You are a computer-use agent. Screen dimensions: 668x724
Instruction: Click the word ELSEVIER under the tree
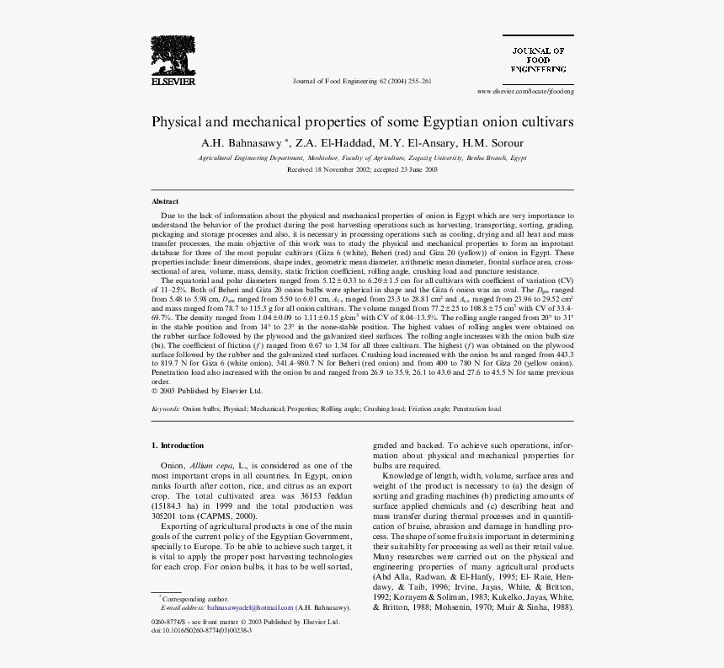173,82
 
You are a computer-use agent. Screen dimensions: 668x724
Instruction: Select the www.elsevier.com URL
524,90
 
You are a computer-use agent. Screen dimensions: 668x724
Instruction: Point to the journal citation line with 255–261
361,82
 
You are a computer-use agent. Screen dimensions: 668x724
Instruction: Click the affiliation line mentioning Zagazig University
362,158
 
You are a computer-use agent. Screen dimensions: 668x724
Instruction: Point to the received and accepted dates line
362,169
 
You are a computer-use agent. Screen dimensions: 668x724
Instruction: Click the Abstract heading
165,201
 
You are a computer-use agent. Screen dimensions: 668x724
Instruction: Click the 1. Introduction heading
178,445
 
